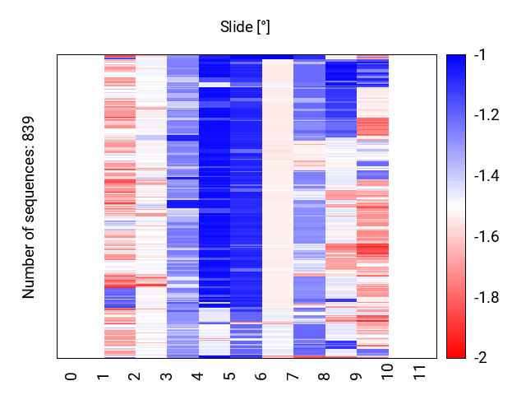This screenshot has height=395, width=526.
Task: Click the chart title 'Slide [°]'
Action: (x=245, y=27)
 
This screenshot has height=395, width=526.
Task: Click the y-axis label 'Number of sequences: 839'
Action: (x=29, y=207)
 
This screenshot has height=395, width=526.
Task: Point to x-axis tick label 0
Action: (x=72, y=376)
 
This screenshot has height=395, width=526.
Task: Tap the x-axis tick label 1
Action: (x=104, y=376)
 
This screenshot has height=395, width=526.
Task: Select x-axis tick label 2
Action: (x=135, y=376)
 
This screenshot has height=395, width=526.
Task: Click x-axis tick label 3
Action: (x=167, y=376)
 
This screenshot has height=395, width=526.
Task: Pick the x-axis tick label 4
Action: (x=198, y=376)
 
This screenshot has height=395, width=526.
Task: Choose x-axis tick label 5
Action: (x=230, y=376)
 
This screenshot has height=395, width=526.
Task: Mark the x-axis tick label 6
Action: (x=261, y=376)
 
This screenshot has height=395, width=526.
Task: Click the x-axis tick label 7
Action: (x=293, y=376)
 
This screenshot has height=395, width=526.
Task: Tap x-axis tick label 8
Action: (x=325, y=376)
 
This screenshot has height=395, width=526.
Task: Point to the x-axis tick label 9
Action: (x=357, y=376)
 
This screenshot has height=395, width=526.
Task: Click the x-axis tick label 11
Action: (x=420, y=378)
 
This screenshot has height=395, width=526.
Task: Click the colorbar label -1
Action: (x=480, y=55)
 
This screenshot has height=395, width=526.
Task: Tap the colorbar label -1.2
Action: (x=487, y=115)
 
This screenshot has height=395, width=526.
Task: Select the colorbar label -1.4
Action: (x=487, y=176)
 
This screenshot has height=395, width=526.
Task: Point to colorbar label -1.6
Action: (x=487, y=237)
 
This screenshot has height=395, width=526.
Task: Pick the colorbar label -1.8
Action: (x=487, y=297)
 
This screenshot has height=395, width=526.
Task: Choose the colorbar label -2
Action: (x=480, y=358)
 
